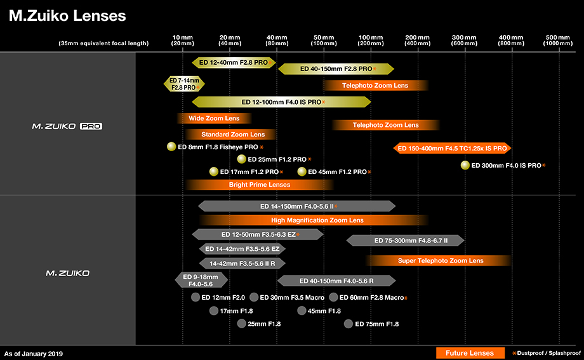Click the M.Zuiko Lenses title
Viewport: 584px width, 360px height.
click(x=67, y=16)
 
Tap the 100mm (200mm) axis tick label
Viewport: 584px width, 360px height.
click(x=371, y=40)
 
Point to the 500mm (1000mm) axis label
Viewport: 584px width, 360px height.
click(x=557, y=40)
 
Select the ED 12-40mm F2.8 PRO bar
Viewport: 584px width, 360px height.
click(x=234, y=63)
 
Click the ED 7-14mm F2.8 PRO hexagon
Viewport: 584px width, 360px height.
click(x=184, y=84)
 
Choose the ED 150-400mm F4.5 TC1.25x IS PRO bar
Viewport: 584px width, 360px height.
click(x=452, y=149)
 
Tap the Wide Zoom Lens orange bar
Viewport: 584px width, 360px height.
click(x=214, y=119)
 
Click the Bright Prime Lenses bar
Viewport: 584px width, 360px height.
click(x=260, y=185)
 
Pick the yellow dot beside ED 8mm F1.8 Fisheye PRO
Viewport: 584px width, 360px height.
click(x=171, y=147)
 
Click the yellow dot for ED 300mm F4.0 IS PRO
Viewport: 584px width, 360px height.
click(x=465, y=165)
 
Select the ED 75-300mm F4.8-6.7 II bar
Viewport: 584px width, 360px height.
click(x=405, y=241)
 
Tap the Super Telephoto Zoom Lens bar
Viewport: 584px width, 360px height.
click(x=441, y=261)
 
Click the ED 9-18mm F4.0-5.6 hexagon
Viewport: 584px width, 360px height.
click(x=201, y=280)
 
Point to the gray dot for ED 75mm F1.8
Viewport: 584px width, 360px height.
click(x=348, y=324)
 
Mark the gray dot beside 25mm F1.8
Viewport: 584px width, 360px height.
click(x=241, y=323)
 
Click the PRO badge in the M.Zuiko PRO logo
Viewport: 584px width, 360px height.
click(x=91, y=126)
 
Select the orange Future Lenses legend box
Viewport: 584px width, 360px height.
click(x=470, y=353)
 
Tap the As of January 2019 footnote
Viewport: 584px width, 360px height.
click(x=34, y=354)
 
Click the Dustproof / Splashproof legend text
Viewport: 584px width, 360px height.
click(x=548, y=353)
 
